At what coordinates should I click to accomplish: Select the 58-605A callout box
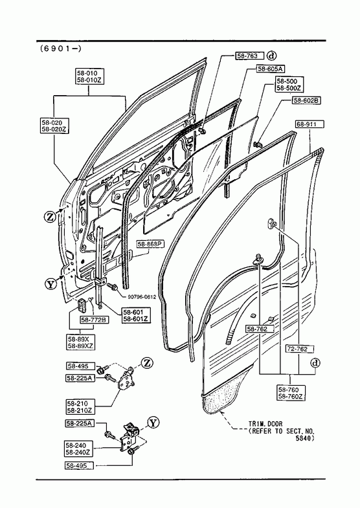tap(271, 69)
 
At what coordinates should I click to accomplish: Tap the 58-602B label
tap(306, 100)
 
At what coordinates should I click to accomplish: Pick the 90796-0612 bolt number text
tap(142, 297)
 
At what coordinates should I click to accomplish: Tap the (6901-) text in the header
tap(61, 49)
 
